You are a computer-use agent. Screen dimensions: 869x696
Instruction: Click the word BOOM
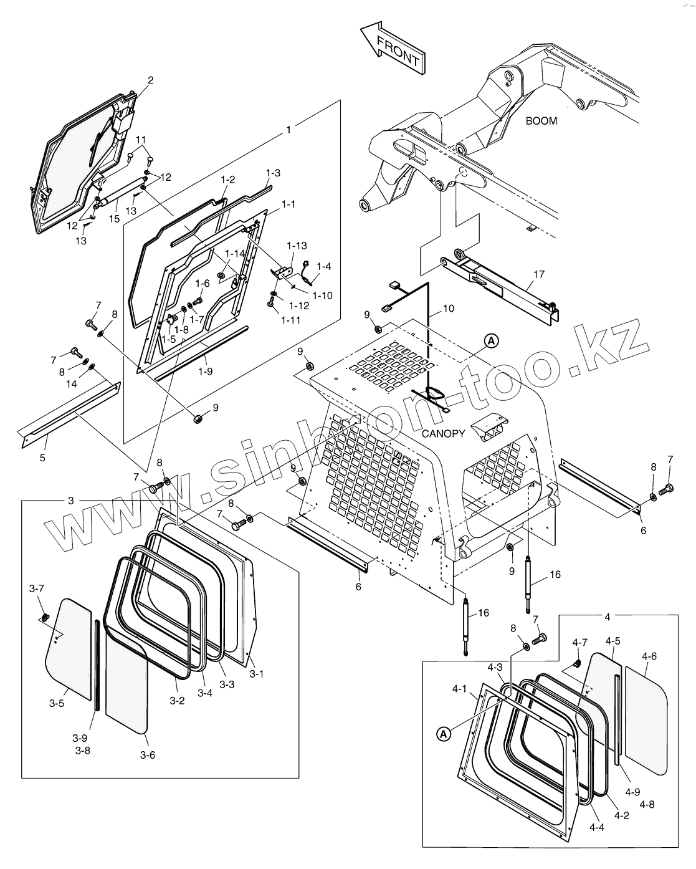pos(541,121)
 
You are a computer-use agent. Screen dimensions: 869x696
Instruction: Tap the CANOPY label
pos(443,433)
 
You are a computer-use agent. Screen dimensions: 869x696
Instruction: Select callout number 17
pos(539,274)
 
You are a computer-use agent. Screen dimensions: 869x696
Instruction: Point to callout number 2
pos(150,80)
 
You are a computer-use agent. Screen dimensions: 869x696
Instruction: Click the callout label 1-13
pos(297,246)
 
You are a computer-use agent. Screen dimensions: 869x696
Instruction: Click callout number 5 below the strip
pos(42,458)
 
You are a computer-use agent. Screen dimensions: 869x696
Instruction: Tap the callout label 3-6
pos(147,755)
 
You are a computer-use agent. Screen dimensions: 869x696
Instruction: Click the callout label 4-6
pos(649,656)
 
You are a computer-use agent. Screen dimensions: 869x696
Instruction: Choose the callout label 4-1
pos(459,688)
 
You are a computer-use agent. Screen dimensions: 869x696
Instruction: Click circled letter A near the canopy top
pos(492,340)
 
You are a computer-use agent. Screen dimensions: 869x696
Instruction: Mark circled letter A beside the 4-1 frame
pos(443,734)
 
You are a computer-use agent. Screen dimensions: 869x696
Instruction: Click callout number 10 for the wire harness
pos(449,308)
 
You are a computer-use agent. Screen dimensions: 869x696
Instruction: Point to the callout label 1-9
pos(205,371)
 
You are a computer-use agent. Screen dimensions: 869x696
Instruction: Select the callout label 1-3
pos(272,173)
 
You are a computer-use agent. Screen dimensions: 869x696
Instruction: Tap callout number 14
pos(72,384)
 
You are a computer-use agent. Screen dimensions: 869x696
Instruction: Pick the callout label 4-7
pos(579,641)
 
